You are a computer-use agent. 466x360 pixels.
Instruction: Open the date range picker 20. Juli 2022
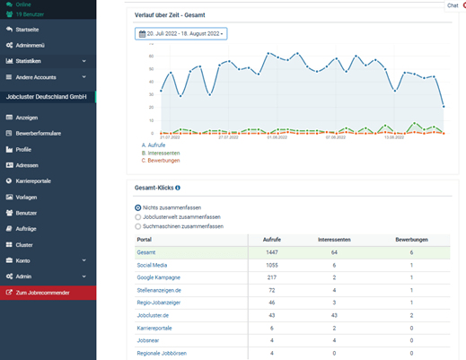(x=180, y=33)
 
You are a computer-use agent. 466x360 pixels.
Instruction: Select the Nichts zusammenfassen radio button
(x=137, y=207)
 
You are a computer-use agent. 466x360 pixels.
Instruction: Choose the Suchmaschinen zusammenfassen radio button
(x=137, y=226)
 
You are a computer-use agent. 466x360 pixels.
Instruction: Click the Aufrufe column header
(x=270, y=241)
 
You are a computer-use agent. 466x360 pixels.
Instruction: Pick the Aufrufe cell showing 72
(x=270, y=292)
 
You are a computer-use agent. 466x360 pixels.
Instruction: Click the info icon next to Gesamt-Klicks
(x=178, y=188)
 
